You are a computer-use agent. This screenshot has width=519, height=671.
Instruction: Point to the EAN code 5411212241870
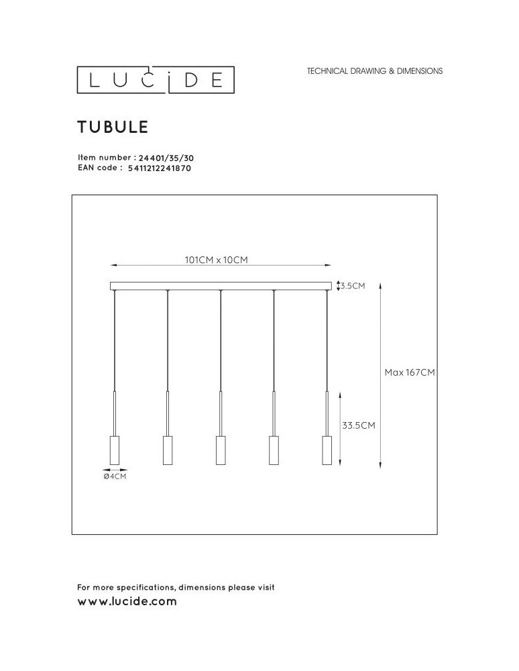point(159,168)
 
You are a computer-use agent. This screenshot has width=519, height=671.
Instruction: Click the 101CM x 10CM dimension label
point(216,260)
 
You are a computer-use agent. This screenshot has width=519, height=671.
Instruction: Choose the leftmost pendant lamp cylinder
point(114,450)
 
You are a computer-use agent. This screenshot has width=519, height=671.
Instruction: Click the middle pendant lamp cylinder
point(221,450)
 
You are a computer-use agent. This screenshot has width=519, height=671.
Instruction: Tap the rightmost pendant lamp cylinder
point(327,450)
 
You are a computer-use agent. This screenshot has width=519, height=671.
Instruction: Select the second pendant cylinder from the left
point(168,450)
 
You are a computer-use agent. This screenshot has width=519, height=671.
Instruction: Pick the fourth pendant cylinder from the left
point(274,450)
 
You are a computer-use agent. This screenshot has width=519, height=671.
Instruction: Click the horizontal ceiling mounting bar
point(221,286)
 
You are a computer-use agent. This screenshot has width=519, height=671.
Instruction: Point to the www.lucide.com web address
point(127,601)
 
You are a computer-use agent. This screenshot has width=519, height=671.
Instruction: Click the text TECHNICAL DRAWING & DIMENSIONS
point(374,70)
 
